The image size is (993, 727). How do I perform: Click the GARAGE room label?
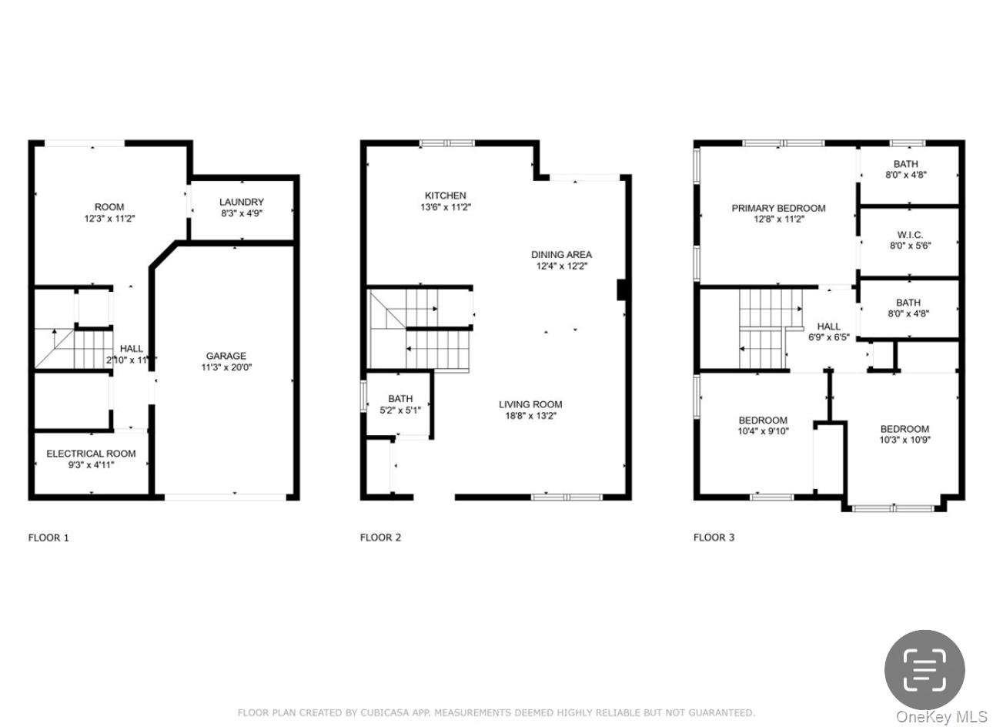coord(226,356)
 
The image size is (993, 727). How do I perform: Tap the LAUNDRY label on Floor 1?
coord(241,202)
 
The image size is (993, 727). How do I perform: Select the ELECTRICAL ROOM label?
coord(91,454)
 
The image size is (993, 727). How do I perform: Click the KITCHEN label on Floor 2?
coord(445,196)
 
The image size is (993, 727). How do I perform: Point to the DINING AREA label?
coord(561,255)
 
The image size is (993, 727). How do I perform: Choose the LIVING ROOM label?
coord(530,404)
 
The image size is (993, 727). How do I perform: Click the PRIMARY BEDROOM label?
coord(778,208)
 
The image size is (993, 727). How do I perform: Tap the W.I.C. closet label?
coord(909,235)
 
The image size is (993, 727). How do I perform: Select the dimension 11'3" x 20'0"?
coord(226,367)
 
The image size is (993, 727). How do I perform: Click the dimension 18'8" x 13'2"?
coord(530,416)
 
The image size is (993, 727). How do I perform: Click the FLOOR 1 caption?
coord(48,538)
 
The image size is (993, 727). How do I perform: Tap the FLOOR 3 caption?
coord(714,538)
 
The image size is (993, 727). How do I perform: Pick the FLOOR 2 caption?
coord(380,538)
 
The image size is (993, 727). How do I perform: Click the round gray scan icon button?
coord(924,669)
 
